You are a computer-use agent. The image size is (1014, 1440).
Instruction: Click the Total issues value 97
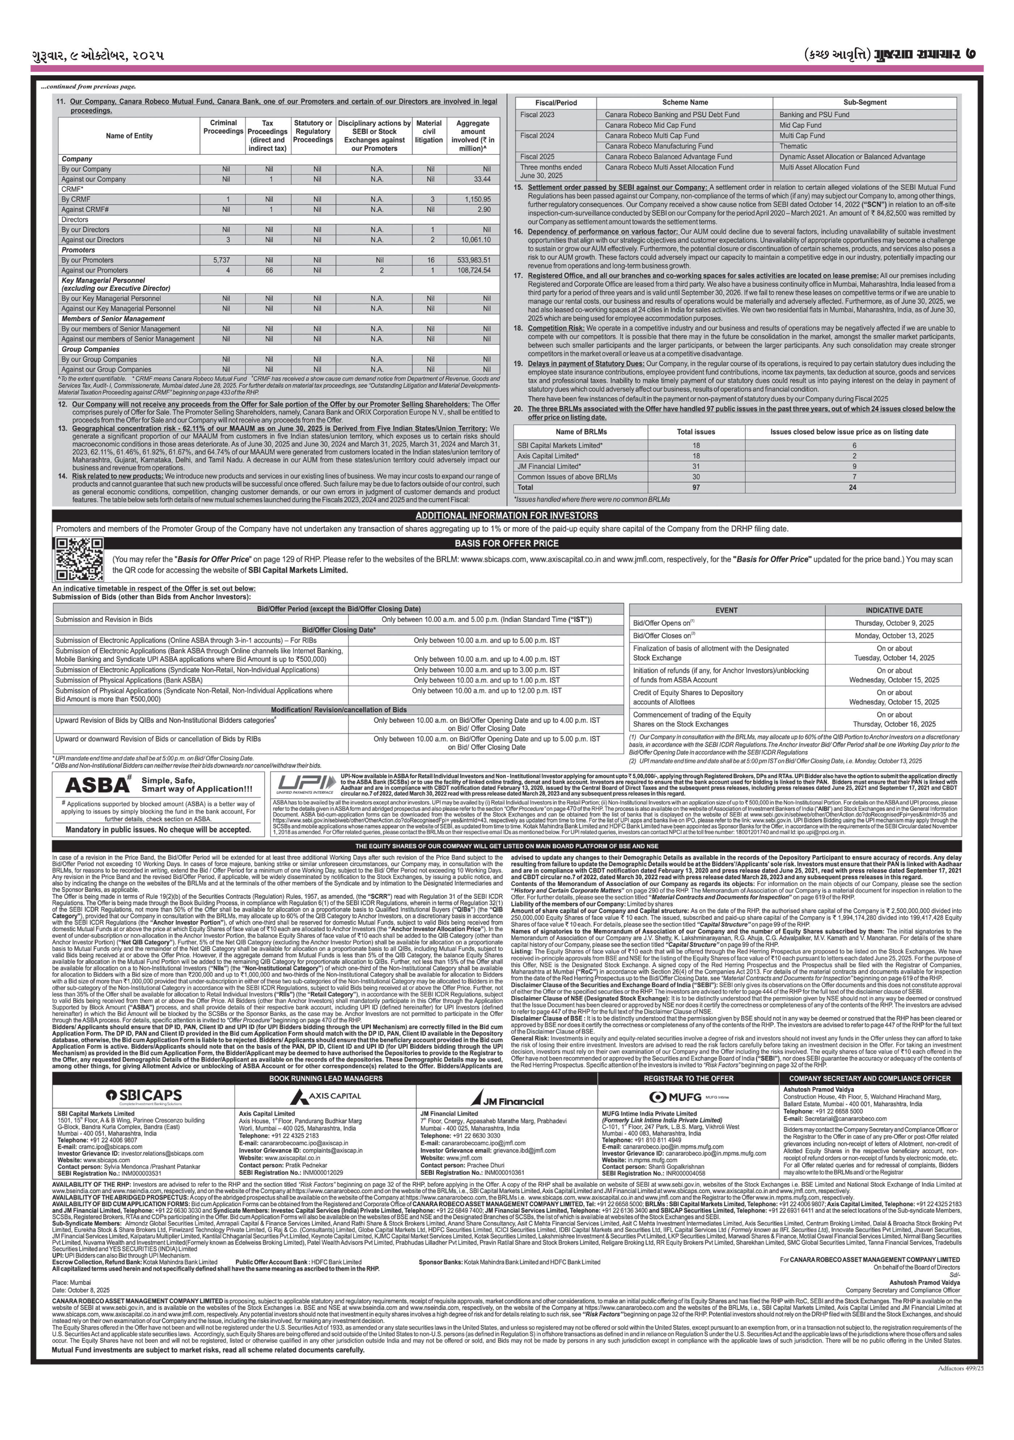(x=696, y=487)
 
